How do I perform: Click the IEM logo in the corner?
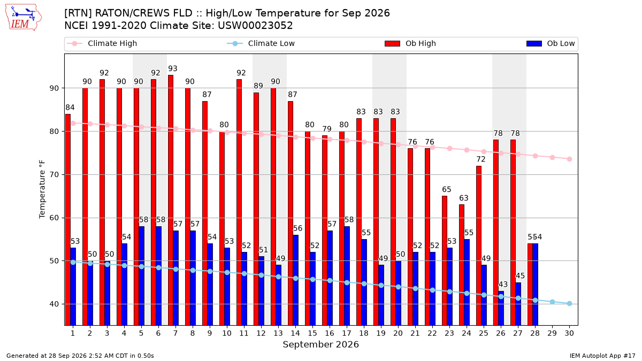(24, 18)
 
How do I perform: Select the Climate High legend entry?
(102, 43)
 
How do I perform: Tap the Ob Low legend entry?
(551, 43)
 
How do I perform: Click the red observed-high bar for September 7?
(171, 200)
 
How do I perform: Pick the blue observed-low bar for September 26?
(501, 308)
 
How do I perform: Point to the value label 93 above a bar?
(172, 69)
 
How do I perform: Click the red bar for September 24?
(462, 265)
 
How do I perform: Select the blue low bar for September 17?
(347, 276)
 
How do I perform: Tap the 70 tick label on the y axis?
(54, 174)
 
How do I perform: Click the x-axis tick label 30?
(569, 333)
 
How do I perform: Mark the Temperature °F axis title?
(42, 189)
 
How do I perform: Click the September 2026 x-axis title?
(320, 344)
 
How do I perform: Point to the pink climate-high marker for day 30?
(569, 159)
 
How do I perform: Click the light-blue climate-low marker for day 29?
(552, 302)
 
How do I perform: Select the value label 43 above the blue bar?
(503, 285)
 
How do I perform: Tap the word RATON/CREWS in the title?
(143, 13)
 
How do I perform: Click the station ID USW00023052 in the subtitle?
(255, 26)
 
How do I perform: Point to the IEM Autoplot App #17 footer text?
(602, 356)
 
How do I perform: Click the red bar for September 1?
(68, 220)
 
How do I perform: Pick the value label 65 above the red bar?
(447, 189)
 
